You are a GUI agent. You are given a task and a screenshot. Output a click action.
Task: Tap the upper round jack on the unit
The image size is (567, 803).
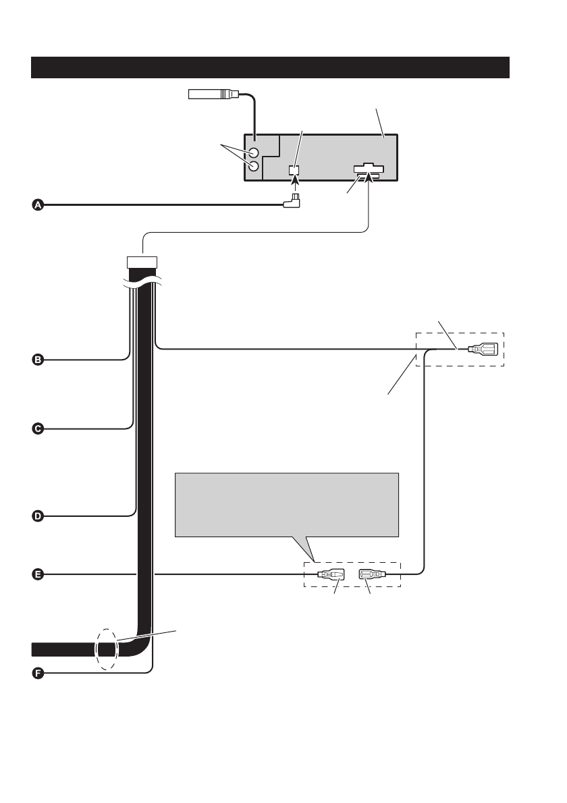pyautogui.click(x=253, y=153)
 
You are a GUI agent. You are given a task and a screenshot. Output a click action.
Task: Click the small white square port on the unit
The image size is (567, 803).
pyautogui.click(x=294, y=171)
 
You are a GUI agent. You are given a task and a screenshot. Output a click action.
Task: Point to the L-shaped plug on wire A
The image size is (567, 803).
pyautogui.click(x=294, y=200)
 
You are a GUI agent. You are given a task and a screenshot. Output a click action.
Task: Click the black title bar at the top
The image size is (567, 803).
pyautogui.click(x=270, y=67)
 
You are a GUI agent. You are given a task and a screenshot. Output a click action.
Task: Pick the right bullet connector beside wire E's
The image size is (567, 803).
pyautogui.click(x=372, y=575)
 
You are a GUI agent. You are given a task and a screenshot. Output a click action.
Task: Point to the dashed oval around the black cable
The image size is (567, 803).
pyautogui.click(x=107, y=649)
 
